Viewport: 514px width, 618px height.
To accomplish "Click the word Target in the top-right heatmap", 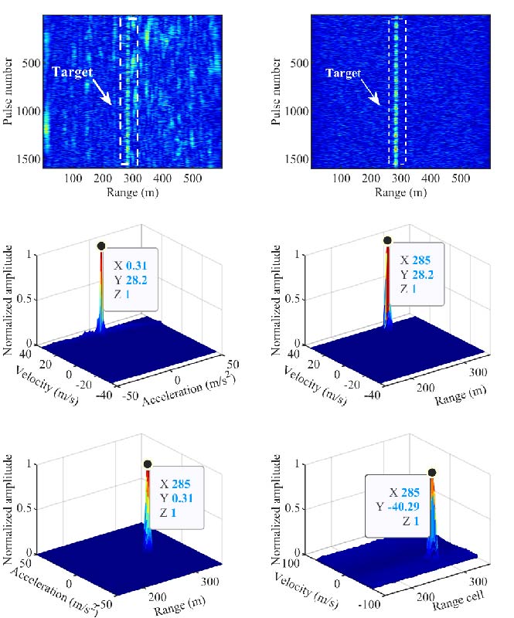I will tap(343, 73).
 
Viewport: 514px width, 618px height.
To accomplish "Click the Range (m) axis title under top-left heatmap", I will tap(133, 192).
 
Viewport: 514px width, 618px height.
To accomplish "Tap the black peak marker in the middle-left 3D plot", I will tap(100, 246).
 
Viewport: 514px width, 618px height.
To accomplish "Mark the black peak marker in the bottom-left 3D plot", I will tap(148, 465).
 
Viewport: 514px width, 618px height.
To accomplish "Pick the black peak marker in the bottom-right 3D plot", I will tap(432, 471).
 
